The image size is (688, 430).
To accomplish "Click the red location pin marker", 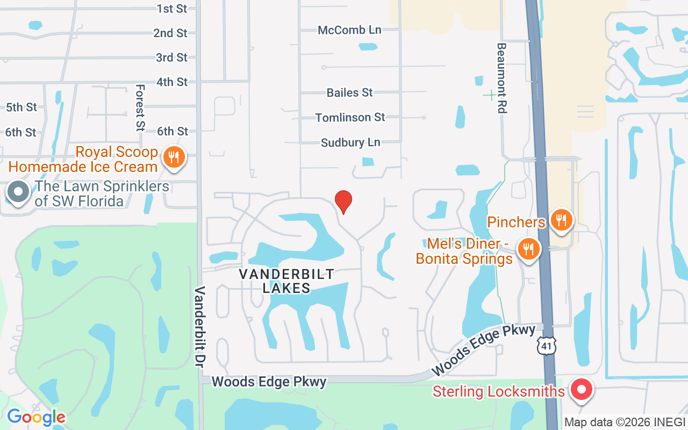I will pyautogui.click(x=343, y=202).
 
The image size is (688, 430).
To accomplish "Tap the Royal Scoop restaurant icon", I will pyautogui.click(x=173, y=157).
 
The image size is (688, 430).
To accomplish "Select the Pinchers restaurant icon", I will pyautogui.click(x=561, y=220).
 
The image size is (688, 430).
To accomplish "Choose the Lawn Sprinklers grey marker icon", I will pyautogui.click(x=19, y=192).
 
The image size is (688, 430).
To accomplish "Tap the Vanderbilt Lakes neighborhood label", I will pyautogui.click(x=286, y=281).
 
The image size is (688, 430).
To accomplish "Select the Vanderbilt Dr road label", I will pyautogui.click(x=200, y=326).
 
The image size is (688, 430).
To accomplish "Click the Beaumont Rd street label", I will pyautogui.click(x=501, y=78).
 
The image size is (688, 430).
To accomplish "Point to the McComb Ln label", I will pyautogui.click(x=349, y=30).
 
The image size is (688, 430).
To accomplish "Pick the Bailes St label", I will pyautogui.click(x=349, y=92).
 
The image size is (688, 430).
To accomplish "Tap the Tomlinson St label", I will pyautogui.click(x=350, y=117).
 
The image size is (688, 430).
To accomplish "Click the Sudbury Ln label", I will pyautogui.click(x=350, y=142).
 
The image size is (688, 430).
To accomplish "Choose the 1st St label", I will pyautogui.click(x=172, y=8).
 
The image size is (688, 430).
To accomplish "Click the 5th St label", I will pyautogui.click(x=21, y=107).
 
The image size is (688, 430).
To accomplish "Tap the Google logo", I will pyautogui.click(x=36, y=417).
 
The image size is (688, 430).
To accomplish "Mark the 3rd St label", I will pyautogui.click(x=171, y=58).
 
